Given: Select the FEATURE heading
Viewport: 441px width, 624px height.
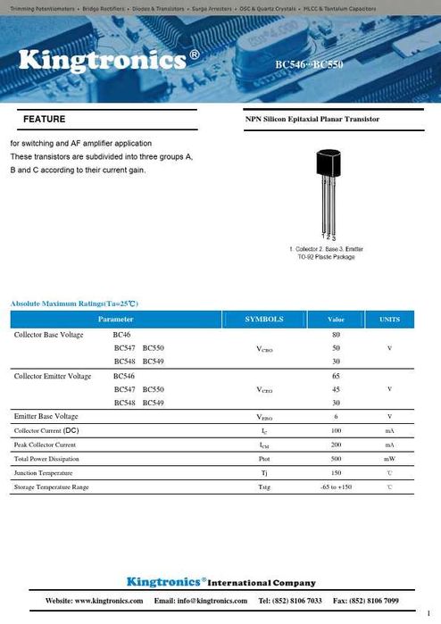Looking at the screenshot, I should point(44,119).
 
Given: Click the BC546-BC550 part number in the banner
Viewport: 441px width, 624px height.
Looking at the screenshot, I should point(309,64).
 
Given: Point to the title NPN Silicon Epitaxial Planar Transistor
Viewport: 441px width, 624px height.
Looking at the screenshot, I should point(312,119).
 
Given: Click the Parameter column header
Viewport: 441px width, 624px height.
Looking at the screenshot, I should point(116,319).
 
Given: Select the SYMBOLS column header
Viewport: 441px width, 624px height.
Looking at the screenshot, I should point(264,319).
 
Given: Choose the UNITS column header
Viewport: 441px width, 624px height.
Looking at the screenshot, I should point(390,319).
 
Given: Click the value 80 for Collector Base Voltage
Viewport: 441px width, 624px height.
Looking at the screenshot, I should point(336,334).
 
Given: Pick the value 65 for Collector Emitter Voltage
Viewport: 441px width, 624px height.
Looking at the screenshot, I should point(336,376).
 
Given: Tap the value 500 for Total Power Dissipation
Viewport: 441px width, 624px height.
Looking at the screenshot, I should point(336,458).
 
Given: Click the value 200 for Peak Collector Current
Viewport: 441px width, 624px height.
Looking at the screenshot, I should point(336,445).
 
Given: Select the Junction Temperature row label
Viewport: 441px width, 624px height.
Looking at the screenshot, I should point(44,472).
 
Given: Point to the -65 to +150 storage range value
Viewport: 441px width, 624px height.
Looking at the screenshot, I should point(336,487).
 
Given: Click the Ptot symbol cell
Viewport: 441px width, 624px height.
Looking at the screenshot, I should point(264,459).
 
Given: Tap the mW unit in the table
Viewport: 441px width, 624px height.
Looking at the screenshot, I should point(390,459).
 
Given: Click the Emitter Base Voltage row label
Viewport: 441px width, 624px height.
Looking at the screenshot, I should point(46,416).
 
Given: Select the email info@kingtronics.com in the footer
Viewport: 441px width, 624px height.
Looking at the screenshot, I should point(206,601).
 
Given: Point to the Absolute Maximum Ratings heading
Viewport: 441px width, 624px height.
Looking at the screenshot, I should point(74,304).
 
